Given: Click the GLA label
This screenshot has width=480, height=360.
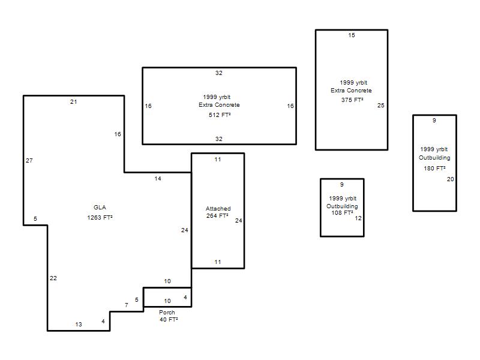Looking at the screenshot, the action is (x=100, y=207).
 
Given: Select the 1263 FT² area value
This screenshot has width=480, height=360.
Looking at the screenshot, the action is (x=100, y=217).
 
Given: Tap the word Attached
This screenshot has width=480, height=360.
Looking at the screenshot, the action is (x=218, y=208).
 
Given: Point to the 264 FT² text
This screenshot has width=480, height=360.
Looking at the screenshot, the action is (x=217, y=215).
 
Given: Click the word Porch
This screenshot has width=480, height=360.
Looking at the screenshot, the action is (x=167, y=312).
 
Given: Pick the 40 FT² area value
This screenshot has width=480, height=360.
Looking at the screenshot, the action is (x=169, y=319).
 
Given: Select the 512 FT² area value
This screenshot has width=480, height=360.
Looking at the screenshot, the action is (x=220, y=115).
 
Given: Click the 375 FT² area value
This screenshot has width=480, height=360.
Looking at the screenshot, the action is (x=352, y=100).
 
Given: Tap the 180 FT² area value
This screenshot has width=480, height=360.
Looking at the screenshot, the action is (x=434, y=168).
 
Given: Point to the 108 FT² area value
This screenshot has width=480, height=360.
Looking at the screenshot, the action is (x=342, y=212).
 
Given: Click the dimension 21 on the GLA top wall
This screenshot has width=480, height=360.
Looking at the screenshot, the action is (x=73, y=101).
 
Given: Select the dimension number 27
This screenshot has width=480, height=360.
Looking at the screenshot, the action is (x=29, y=160).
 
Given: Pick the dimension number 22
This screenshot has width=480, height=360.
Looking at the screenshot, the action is (x=53, y=278).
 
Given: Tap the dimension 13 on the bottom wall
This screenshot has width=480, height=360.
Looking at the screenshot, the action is (x=79, y=324).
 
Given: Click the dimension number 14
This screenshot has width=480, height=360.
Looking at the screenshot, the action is (x=158, y=178).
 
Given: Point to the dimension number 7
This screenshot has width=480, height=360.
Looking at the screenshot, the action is (x=127, y=305).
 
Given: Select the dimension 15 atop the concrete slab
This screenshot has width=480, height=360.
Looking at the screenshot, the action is (x=352, y=35).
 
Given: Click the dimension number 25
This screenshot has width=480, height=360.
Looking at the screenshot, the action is (x=381, y=106).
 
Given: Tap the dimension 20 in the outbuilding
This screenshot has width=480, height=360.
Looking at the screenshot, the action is (x=451, y=179).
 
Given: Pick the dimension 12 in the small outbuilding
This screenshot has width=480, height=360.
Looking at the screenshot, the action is (x=358, y=218).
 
